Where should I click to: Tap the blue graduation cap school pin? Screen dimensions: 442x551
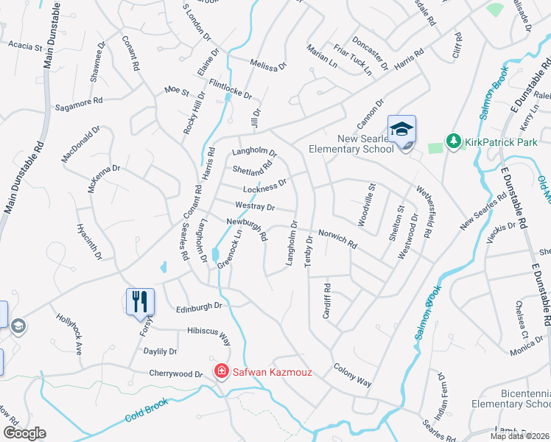(401, 130)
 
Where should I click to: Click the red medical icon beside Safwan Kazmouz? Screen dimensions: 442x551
(220, 372)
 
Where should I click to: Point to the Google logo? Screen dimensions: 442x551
(24, 433)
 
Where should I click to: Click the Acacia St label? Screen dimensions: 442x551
(26, 46)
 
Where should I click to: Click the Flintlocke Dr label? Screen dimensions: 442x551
(231, 90)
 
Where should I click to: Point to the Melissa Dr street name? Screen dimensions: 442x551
(267, 65)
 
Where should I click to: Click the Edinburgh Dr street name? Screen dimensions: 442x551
(199, 306)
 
